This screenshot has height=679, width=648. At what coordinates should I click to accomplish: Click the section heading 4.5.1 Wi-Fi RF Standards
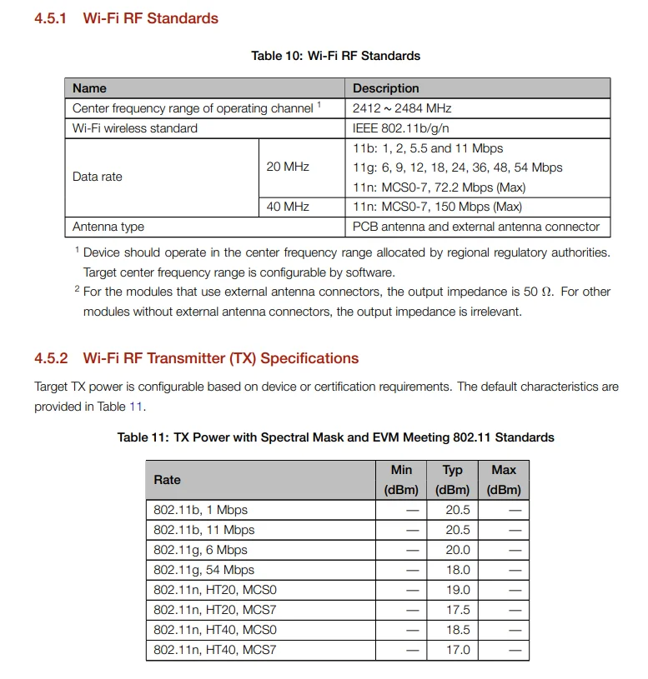[x=126, y=18]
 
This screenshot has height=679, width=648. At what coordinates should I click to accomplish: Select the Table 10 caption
[x=335, y=56]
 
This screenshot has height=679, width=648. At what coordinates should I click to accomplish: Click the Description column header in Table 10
[x=385, y=88]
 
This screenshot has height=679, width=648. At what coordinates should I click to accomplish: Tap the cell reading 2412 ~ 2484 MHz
[x=402, y=108]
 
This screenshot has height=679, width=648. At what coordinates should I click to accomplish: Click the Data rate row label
[x=98, y=177]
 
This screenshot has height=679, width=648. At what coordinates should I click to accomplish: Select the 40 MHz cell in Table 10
[x=288, y=207]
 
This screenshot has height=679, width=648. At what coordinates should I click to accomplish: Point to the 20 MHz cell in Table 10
[x=288, y=167]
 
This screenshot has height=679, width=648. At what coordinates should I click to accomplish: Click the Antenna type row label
[x=108, y=227]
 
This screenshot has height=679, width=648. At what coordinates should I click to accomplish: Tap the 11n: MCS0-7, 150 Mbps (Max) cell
[x=437, y=207]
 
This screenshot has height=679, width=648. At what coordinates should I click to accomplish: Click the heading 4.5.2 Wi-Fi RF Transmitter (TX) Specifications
[x=196, y=358]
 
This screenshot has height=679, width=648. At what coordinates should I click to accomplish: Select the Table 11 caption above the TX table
[x=335, y=437]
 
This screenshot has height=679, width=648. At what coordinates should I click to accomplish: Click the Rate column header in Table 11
[x=167, y=480]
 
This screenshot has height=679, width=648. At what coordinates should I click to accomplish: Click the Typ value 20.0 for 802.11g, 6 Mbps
[x=458, y=550]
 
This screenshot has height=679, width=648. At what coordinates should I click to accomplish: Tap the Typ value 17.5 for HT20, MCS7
[x=458, y=610]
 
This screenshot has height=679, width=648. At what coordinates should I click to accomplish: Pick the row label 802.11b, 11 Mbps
[x=204, y=530]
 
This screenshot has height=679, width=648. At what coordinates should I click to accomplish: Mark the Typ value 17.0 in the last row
[x=458, y=650]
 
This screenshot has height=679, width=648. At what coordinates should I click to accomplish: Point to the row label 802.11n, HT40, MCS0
[x=215, y=630]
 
